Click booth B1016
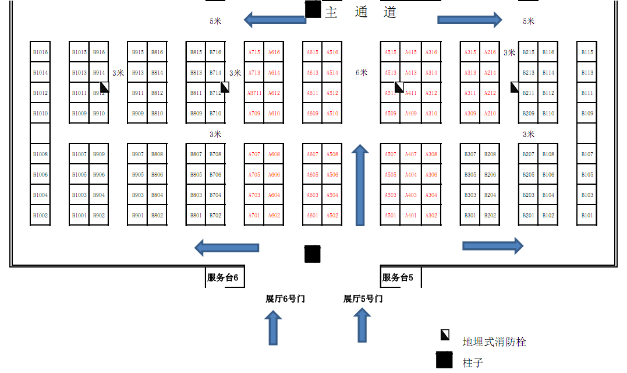tap(40, 52)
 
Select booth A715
tap(254, 52)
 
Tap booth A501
tap(391, 216)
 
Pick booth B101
tap(587, 216)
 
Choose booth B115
tap(587, 52)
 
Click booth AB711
tap(254, 93)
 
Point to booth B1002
tap(40, 216)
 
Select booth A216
tap(490, 52)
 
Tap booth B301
tap(470, 216)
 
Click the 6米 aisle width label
tap(362, 73)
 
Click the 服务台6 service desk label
tap(222, 278)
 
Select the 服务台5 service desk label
tap(398, 278)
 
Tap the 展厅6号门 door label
tap(285, 299)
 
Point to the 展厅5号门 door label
tap(363, 299)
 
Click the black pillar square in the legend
tap(444, 361)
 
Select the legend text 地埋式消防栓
tap(494, 342)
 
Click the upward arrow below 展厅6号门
tap(272, 328)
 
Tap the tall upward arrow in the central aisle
tap(360, 185)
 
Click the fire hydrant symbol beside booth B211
tap(515, 87)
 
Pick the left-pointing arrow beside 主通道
tap(274, 20)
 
